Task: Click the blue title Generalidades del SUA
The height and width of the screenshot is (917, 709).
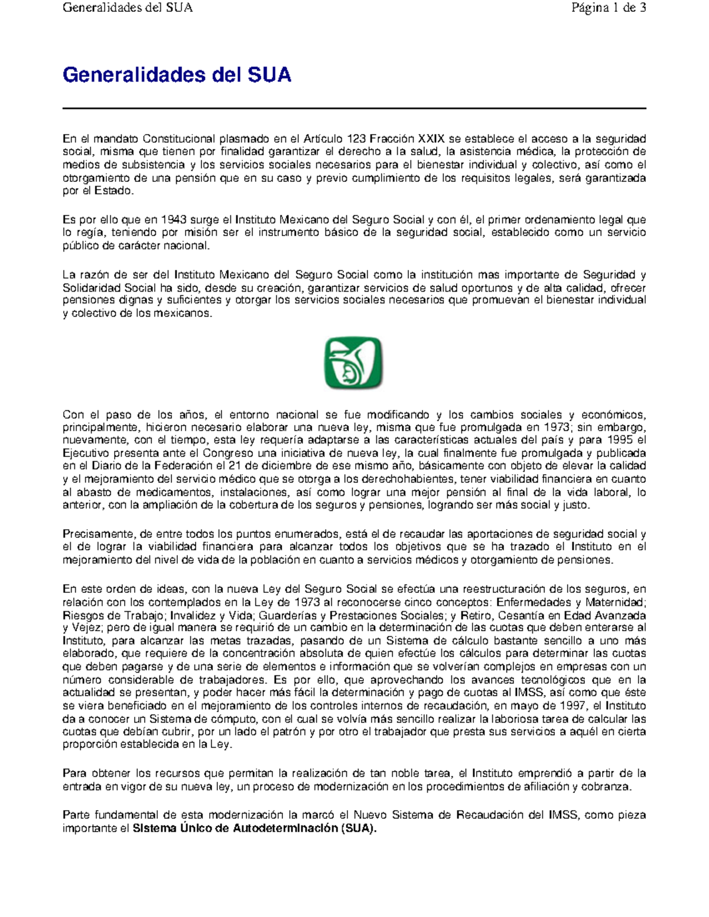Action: coord(177,76)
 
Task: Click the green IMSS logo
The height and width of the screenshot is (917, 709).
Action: coord(353,363)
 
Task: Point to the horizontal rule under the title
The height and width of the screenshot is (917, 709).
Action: coord(354,109)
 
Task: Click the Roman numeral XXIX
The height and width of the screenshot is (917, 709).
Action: coord(431,139)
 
